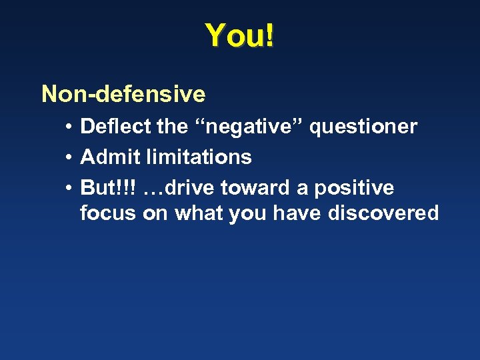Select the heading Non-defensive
(123, 94)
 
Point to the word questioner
(363, 127)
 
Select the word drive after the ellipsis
(190, 187)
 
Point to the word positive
(355, 189)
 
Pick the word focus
(107, 213)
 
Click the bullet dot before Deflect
(69, 127)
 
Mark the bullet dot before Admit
(69, 157)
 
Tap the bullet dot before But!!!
(69, 188)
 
